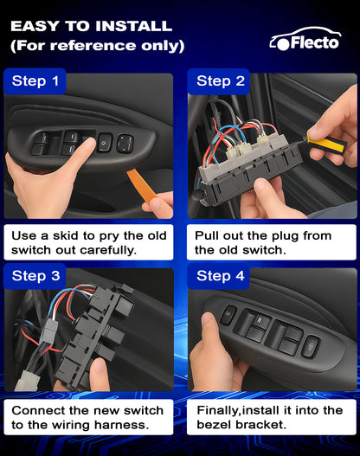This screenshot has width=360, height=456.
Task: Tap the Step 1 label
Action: [x=35, y=81]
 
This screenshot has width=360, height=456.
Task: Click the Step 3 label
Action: [x=35, y=276]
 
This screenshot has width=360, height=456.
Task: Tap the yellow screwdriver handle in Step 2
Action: [x=326, y=145]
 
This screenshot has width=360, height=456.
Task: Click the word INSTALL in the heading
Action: [x=134, y=26]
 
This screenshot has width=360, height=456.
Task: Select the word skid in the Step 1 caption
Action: [x=66, y=235]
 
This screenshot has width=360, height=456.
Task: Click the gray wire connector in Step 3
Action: [x=48, y=331]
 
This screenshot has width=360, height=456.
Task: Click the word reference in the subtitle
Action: [x=93, y=45]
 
